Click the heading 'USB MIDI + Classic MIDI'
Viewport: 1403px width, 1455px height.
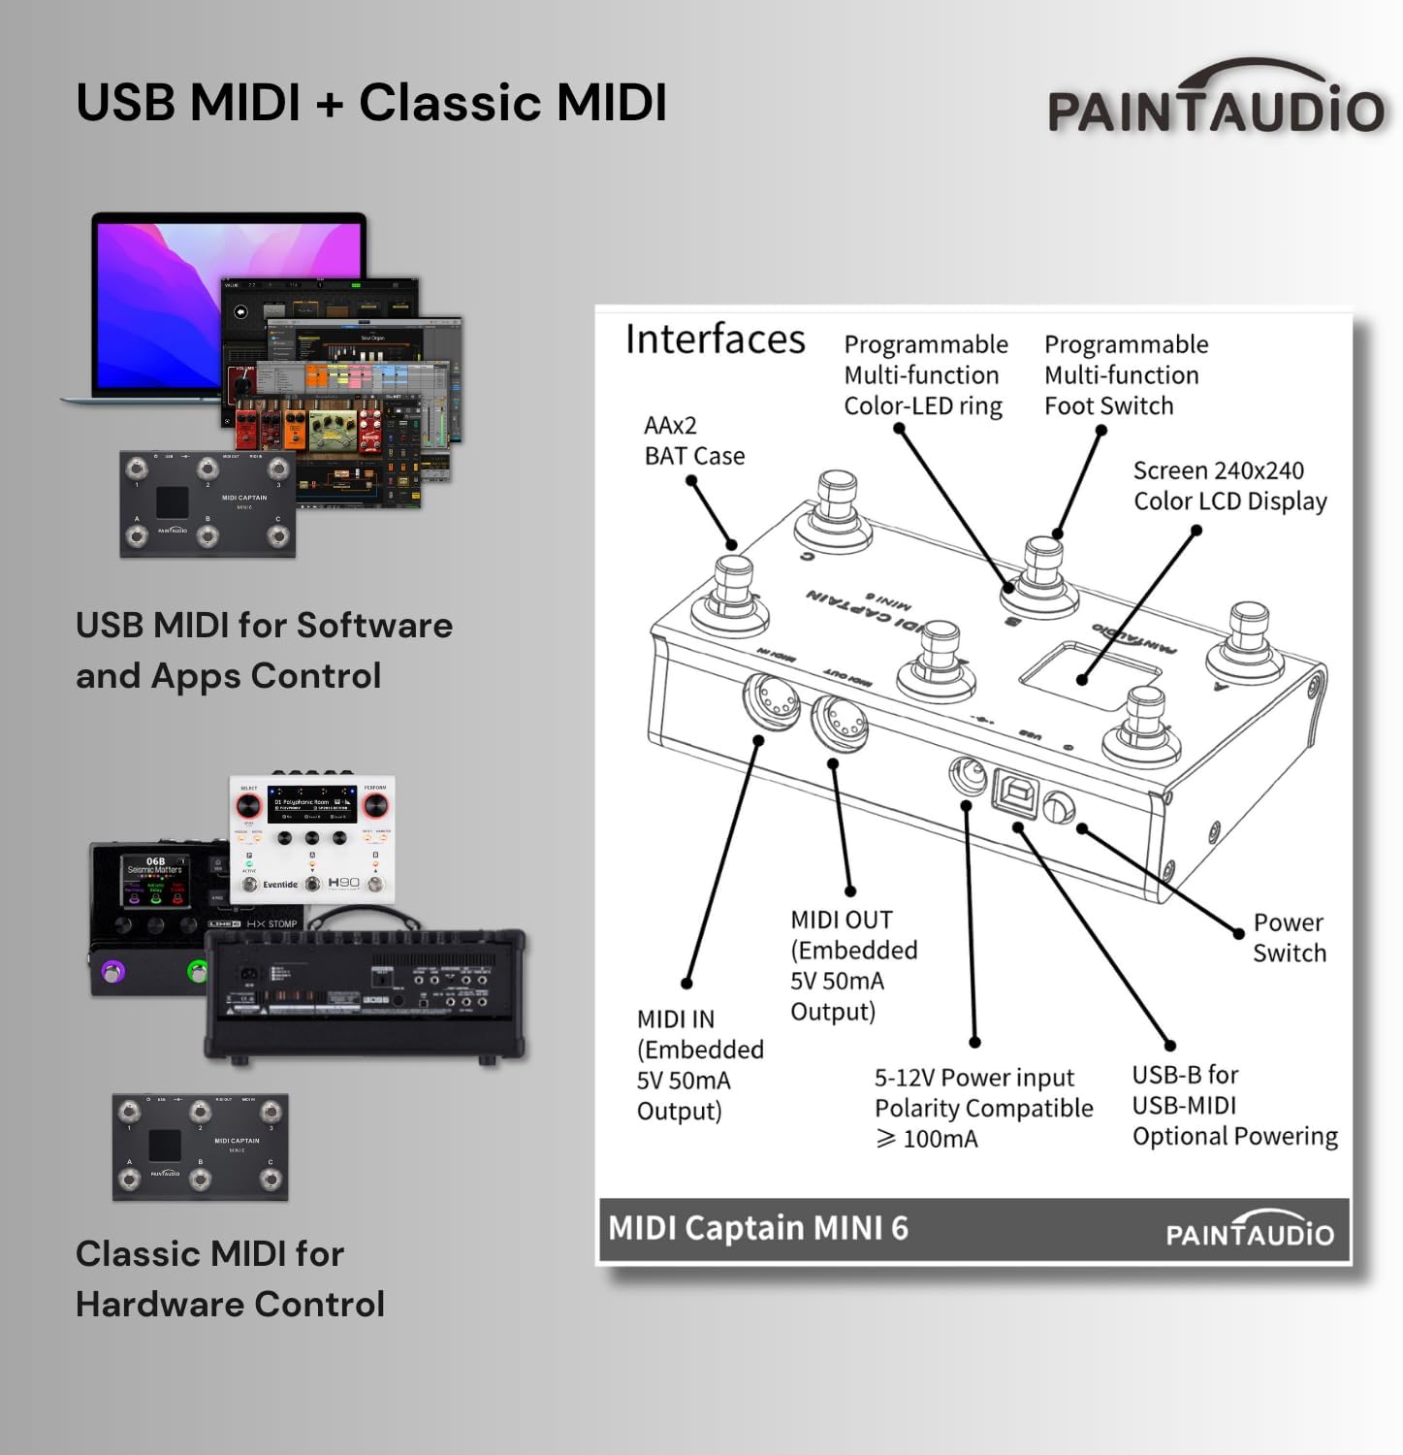(x=371, y=103)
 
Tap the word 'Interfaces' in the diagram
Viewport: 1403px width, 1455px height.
(x=715, y=339)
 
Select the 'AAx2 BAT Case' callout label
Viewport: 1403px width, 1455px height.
(x=693, y=440)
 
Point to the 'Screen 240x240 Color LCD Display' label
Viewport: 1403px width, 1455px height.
(x=1228, y=486)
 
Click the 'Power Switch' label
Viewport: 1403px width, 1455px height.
(x=1289, y=937)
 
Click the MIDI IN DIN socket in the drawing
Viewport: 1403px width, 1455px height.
(x=771, y=700)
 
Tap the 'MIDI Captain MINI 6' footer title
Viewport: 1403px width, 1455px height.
(x=758, y=1228)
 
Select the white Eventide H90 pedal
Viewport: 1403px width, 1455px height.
(x=312, y=838)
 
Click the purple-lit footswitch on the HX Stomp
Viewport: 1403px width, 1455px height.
(x=113, y=971)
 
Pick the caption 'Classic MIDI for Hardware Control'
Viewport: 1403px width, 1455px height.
(x=230, y=1278)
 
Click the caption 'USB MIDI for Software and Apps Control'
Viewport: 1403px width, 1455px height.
(x=264, y=650)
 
